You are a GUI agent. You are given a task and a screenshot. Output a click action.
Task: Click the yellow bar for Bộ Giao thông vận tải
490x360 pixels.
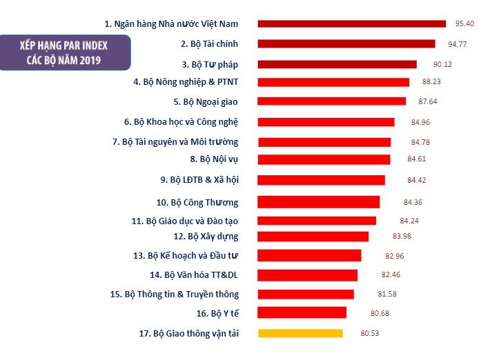coord(300,333)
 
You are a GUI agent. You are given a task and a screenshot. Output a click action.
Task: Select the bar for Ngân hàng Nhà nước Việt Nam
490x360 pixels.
coord(352,23)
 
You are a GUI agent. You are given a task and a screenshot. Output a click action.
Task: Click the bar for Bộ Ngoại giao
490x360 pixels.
coord(332,101)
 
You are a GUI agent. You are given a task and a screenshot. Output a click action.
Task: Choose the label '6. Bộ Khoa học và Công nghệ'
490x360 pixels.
coord(182,121)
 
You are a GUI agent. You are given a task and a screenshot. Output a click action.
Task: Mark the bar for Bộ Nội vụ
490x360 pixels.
coord(324,159)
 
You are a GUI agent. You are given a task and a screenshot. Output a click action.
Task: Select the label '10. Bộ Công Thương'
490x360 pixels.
coord(197,202)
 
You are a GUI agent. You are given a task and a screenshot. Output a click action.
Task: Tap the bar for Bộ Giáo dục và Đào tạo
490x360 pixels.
coord(317,221)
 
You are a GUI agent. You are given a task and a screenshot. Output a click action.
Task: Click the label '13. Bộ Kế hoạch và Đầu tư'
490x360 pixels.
coord(186,255)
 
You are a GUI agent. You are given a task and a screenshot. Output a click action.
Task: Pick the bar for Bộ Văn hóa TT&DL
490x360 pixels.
coord(308,275)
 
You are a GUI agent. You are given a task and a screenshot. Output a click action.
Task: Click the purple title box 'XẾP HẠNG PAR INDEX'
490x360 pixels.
coord(66,52)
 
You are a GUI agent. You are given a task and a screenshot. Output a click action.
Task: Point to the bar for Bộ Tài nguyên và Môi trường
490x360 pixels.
coord(324,142)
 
